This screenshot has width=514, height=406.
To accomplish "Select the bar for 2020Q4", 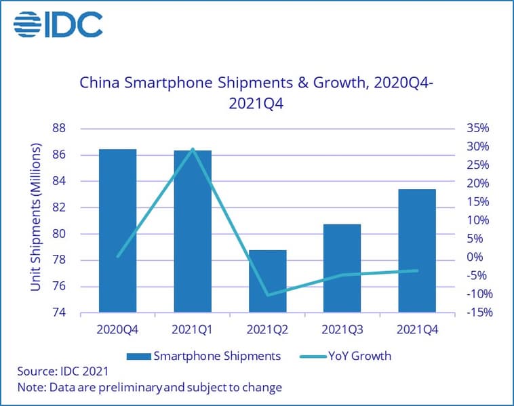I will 118,230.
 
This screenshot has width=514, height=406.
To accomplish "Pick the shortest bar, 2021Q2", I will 267,281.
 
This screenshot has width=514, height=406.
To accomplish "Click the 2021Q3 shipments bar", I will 342,268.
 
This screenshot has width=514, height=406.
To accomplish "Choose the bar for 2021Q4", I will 417,251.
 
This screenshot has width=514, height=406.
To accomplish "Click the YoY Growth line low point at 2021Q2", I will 267,295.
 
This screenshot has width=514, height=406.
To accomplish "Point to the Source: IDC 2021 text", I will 62,371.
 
